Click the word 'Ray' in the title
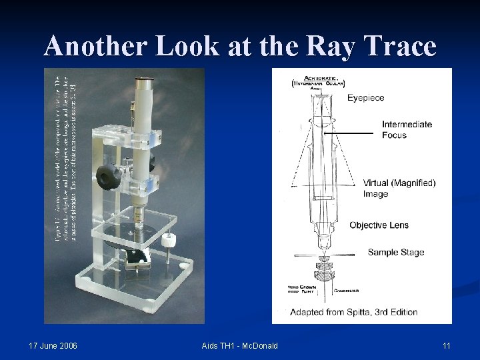[x=329, y=47]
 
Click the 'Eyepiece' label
[x=365, y=98]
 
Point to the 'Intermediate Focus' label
[x=407, y=129]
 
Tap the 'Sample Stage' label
[x=396, y=252]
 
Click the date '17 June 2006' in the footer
[x=53, y=345]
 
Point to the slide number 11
[x=447, y=345]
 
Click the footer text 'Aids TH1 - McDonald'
[x=239, y=345]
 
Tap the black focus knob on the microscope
[x=107, y=176]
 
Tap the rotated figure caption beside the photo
[x=69, y=153]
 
